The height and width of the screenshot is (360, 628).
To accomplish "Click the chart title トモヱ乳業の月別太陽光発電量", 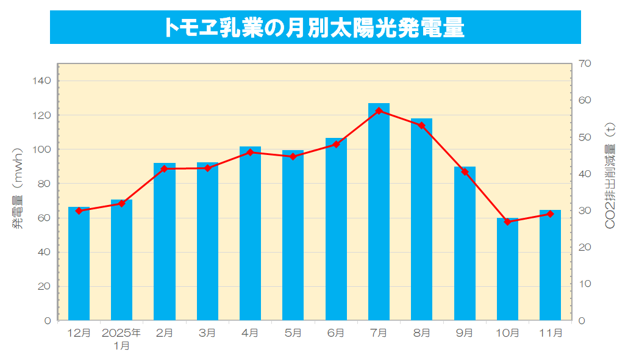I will point(315,27).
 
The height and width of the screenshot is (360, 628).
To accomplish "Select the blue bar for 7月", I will point(379,214).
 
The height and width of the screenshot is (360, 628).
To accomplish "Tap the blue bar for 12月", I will point(79,265).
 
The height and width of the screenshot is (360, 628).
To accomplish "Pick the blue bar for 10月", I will point(507,272).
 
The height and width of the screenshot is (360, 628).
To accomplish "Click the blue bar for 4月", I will point(250,235).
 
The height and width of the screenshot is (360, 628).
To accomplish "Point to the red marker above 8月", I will point(421,126).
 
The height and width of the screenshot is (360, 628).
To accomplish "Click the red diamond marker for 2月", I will point(164,168).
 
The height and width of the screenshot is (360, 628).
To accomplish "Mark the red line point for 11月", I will point(550,214).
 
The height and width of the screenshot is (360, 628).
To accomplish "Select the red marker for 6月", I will point(336,144).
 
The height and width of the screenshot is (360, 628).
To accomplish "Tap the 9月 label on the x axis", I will point(465,333).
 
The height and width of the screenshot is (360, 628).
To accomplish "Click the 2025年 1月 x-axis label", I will point(121,339).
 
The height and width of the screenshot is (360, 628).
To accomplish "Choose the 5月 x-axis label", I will point(293,333).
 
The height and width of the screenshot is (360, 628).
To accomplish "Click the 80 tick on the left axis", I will point(45,184).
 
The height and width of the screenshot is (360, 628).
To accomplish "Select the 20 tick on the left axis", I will point(45,286).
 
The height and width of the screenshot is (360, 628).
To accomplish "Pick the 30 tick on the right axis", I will point(585,211).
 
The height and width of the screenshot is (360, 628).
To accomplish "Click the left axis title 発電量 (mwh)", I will point(18,187).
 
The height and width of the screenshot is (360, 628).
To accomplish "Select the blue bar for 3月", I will point(207,241).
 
